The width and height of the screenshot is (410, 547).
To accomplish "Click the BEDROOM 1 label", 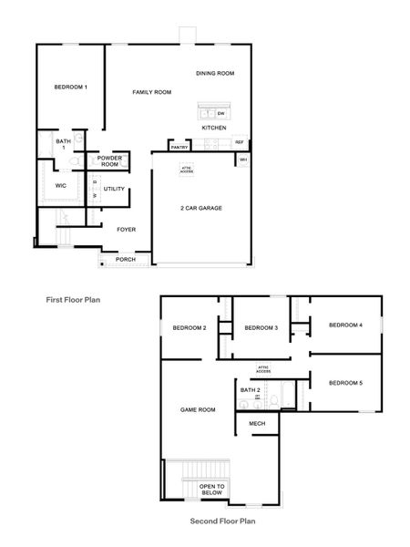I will (x=70, y=87).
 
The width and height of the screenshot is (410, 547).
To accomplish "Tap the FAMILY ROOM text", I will (x=151, y=92).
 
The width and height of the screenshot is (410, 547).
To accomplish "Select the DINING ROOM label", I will (x=215, y=73).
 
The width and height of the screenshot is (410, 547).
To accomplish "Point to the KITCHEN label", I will (x=214, y=129).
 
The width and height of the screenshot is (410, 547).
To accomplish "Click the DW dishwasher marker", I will (x=221, y=113).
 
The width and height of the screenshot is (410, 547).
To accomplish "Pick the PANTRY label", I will (x=179, y=147).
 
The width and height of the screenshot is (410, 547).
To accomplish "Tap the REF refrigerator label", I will (x=240, y=142).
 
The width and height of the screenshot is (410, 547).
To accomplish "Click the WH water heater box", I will (x=243, y=160).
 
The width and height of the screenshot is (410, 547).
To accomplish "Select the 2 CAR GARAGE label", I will (x=200, y=208).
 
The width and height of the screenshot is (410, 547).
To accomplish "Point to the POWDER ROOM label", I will (x=110, y=161).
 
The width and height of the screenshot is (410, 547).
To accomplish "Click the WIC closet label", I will (x=61, y=185).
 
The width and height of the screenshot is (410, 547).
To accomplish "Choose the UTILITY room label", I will (x=114, y=189).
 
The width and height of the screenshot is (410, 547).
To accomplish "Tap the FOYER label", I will (x=126, y=230).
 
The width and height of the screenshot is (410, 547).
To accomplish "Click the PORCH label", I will (x=126, y=259).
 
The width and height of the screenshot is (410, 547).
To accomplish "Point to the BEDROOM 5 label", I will (x=345, y=382).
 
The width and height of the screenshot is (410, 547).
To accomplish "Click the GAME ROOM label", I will (x=198, y=410).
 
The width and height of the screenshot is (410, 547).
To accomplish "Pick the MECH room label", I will (x=256, y=424).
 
